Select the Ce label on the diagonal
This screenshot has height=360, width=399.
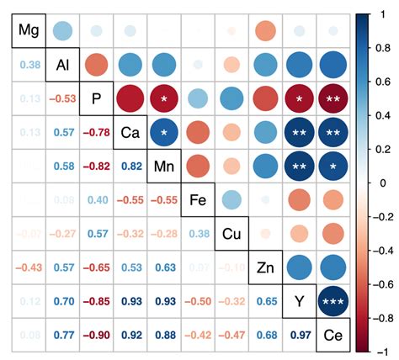332,336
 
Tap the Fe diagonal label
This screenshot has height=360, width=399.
197,200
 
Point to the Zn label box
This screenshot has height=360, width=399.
264,267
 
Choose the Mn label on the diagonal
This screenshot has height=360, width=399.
163,167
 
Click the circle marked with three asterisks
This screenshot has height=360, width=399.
332,302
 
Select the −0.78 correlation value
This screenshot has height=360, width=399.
96,133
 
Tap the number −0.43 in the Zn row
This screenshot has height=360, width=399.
29,268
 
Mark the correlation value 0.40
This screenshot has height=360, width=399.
96,201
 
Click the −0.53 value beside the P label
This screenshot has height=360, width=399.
62,99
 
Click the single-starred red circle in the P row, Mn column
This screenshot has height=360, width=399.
163,99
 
